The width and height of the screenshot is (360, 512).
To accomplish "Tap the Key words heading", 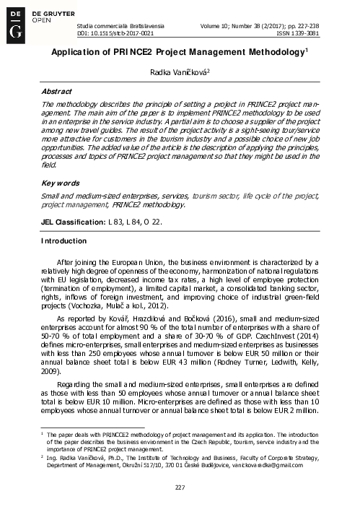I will (x=58, y=164).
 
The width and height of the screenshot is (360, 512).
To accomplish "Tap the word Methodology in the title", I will (x=273, y=52).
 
